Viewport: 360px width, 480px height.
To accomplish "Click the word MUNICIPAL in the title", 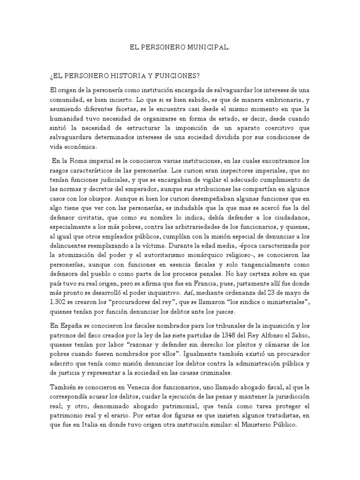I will (208, 47).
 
